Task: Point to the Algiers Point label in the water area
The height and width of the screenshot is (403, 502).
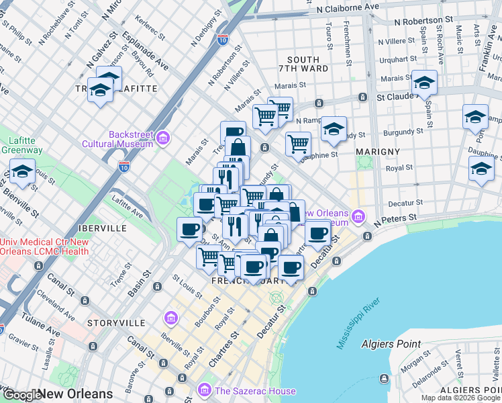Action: tap(391, 344)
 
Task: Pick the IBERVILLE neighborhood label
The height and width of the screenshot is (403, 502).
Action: tap(101, 228)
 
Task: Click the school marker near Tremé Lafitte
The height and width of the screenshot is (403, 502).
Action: tap(101, 90)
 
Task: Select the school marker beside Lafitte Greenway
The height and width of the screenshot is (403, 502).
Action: tap(22, 173)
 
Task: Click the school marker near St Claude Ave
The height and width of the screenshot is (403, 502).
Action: tap(424, 83)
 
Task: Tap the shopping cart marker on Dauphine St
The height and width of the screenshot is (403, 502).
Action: tap(298, 143)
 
